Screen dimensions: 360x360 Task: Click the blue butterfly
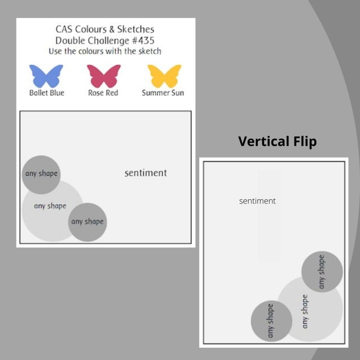tap(46, 76)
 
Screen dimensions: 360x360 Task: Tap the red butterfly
tap(104, 76)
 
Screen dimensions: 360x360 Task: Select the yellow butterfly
tap(164, 76)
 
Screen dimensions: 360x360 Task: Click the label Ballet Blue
tap(46, 93)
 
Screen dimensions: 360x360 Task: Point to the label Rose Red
tap(103, 93)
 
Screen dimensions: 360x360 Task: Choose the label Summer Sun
tap(163, 93)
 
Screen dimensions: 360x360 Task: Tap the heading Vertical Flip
tap(277, 141)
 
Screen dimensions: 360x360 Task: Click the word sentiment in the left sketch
tap(146, 173)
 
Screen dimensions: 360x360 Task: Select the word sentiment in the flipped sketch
tap(257, 201)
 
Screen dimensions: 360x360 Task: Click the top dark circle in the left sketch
tap(41, 174)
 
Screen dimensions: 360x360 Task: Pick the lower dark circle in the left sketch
tap(88, 222)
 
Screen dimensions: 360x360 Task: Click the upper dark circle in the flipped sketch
tap(322, 272)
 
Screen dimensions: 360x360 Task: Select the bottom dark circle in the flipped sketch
tap(271, 321)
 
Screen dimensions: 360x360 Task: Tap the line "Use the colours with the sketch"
tap(105, 51)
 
